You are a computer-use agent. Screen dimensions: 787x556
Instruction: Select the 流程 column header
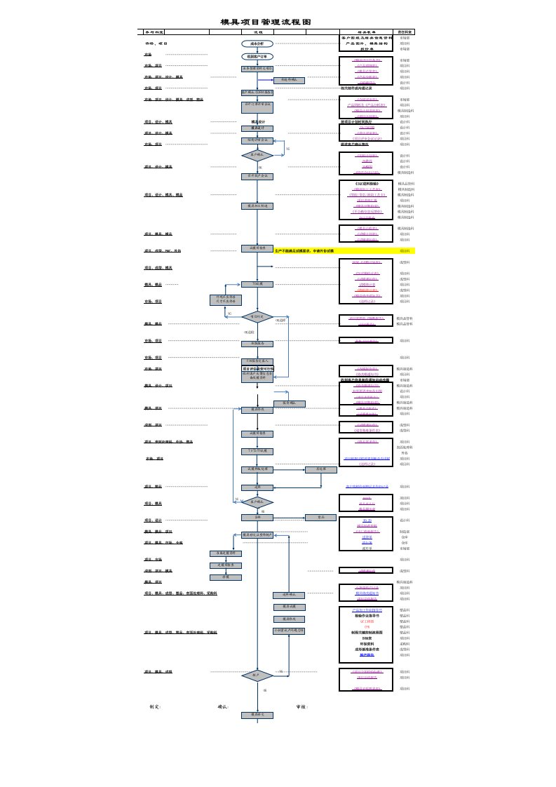[257, 32]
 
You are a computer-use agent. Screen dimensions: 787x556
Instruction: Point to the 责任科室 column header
[405, 32]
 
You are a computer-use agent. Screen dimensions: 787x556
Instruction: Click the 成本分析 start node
[257, 43]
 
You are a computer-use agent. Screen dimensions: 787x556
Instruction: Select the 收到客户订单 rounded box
[257, 55]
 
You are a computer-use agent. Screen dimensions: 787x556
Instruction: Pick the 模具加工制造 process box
[257, 206]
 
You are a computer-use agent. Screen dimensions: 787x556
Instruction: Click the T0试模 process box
[257, 284]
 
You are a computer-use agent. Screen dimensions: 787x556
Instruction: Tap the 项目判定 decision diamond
[257, 317]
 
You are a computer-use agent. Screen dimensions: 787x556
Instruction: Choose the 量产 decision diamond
[257, 675]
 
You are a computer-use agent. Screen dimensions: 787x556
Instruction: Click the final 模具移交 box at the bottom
[257, 714]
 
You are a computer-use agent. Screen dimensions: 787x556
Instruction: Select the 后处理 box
[321, 469]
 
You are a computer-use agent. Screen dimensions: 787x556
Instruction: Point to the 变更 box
[321, 517]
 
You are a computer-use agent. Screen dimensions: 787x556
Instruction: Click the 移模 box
[226, 577]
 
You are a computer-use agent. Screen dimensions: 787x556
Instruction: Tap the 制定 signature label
[155, 706]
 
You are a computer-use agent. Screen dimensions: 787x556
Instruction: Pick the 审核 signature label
[302, 706]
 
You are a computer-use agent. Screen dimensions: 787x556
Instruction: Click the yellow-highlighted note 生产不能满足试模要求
[304, 250]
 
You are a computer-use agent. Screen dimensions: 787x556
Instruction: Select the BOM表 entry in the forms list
[367, 638]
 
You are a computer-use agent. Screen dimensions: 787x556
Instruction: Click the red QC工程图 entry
[367, 621]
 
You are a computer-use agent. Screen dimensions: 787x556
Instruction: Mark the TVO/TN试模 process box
[257, 450]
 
